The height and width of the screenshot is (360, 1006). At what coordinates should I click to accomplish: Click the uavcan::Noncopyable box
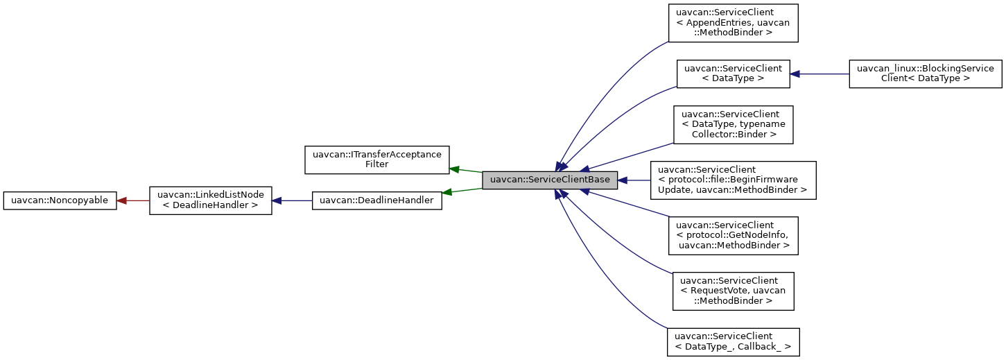(x=60, y=200)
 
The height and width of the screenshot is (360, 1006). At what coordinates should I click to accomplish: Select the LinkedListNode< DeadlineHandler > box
(x=211, y=200)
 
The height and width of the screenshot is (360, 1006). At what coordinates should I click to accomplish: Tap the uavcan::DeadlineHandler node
(x=377, y=200)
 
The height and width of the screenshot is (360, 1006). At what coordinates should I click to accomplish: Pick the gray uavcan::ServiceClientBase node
(x=550, y=180)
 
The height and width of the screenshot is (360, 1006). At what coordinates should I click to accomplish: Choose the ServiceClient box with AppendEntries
(x=733, y=23)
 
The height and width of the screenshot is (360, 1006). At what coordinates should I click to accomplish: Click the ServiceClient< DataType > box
(x=734, y=74)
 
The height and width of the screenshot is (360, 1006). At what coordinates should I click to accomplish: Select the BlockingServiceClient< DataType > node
(x=926, y=74)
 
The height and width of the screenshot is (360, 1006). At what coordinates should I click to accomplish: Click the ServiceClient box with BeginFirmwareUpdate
(x=732, y=180)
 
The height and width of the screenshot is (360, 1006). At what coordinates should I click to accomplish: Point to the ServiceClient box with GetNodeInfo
(x=733, y=236)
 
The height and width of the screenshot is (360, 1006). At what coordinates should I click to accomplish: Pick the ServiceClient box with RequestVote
(x=733, y=291)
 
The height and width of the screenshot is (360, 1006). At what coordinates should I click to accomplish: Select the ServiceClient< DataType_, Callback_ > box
(x=733, y=342)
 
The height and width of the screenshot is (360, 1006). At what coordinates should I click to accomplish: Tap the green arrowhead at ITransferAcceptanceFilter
(x=455, y=169)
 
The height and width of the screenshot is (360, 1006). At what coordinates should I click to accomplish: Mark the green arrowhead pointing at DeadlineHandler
(x=447, y=192)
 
